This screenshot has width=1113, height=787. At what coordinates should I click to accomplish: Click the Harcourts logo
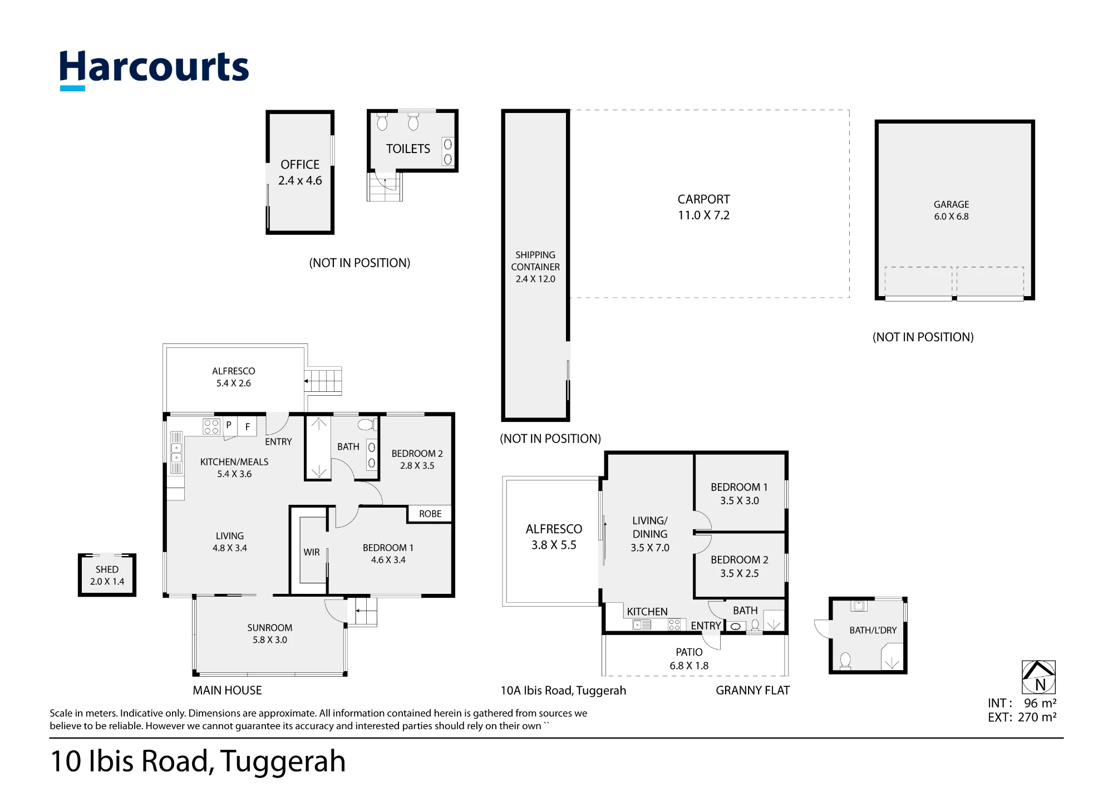154,69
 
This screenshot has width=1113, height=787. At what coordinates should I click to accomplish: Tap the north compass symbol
1038,677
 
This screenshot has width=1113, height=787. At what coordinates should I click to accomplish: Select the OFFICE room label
300,165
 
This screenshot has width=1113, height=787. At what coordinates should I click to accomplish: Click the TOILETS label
408,149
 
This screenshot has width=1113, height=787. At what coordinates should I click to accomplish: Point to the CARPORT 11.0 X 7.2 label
703,207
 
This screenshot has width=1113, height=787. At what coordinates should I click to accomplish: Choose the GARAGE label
952,204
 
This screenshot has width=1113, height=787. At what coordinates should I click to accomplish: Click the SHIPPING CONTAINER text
535,260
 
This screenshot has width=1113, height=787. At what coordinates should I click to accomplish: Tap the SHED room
107,575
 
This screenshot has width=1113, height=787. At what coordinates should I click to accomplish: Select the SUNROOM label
270,628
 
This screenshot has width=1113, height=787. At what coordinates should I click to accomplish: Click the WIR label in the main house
312,552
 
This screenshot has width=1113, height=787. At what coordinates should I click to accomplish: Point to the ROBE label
430,514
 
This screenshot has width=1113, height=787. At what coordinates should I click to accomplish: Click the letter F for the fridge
248,427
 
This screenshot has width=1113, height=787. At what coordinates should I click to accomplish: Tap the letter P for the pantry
229,425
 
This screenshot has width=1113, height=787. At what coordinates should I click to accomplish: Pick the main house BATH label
348,446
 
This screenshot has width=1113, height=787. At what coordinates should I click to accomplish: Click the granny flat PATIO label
689,652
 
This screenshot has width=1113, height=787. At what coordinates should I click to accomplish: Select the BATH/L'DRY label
873,630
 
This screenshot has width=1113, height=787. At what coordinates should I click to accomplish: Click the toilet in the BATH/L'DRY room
845,661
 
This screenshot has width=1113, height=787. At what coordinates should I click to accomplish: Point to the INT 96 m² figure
1022,703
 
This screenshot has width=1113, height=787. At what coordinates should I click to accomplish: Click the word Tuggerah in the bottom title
283,762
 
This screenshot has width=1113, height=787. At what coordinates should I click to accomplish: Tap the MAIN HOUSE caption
227,690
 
